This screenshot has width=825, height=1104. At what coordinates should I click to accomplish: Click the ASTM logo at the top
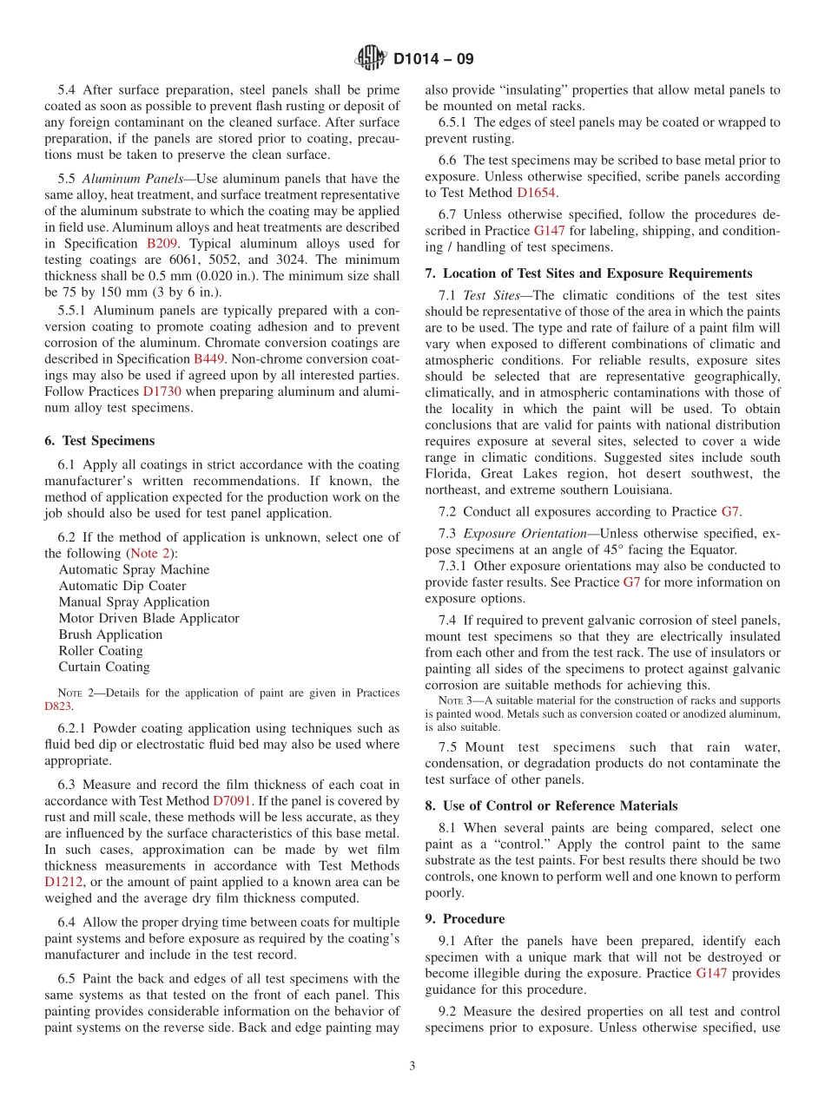pyautogui.click(x=371, y=59)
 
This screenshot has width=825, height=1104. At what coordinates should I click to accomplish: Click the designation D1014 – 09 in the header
pyautogui.click(x=433, y=60)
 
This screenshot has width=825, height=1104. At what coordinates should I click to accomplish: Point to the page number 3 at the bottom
pyautogui.click(x=412, y=1066)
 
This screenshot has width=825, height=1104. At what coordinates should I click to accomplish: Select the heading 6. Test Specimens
pyautogui.click(x=100, y=441)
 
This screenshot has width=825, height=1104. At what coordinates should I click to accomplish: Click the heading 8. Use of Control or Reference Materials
pyautogui.click(x=551, y=805)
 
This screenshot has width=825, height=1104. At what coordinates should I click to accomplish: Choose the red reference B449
pyautogui.click(x=209, y=358)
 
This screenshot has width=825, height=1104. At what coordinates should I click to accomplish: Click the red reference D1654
pyautogui.click(x=537, y=193)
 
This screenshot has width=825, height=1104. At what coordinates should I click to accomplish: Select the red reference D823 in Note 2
pyautogui.click(x=58, y=706)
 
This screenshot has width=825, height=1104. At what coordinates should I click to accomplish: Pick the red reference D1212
pyautogui.click(x=62, y=882)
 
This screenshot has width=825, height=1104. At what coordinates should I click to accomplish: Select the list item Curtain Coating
pyautogui.click(x=104, y=667)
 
